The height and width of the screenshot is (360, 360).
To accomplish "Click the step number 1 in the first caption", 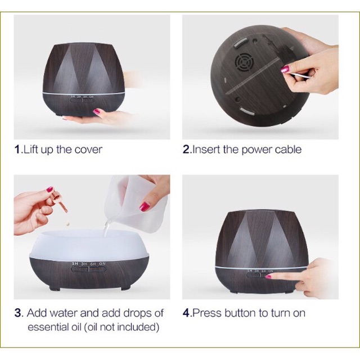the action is tap(17, 150).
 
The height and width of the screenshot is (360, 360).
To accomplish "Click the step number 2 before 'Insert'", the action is tap(186, 150).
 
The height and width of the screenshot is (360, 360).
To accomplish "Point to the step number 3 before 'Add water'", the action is tap(18, 313).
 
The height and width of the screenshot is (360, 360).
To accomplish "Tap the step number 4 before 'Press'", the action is tap(186, 313).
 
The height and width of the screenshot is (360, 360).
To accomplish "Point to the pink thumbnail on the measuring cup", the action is tap(145, 206).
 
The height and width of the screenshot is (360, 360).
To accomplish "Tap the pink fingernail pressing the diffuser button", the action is tap(268, 277).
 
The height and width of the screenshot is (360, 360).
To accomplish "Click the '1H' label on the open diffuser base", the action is tap(75, 264).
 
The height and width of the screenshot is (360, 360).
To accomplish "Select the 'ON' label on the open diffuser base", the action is tap(102, 264).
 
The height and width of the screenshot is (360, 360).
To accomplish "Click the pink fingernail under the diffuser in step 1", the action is tap(97, 112).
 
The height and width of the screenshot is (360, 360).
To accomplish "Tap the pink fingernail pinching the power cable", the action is tap(285, 69).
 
